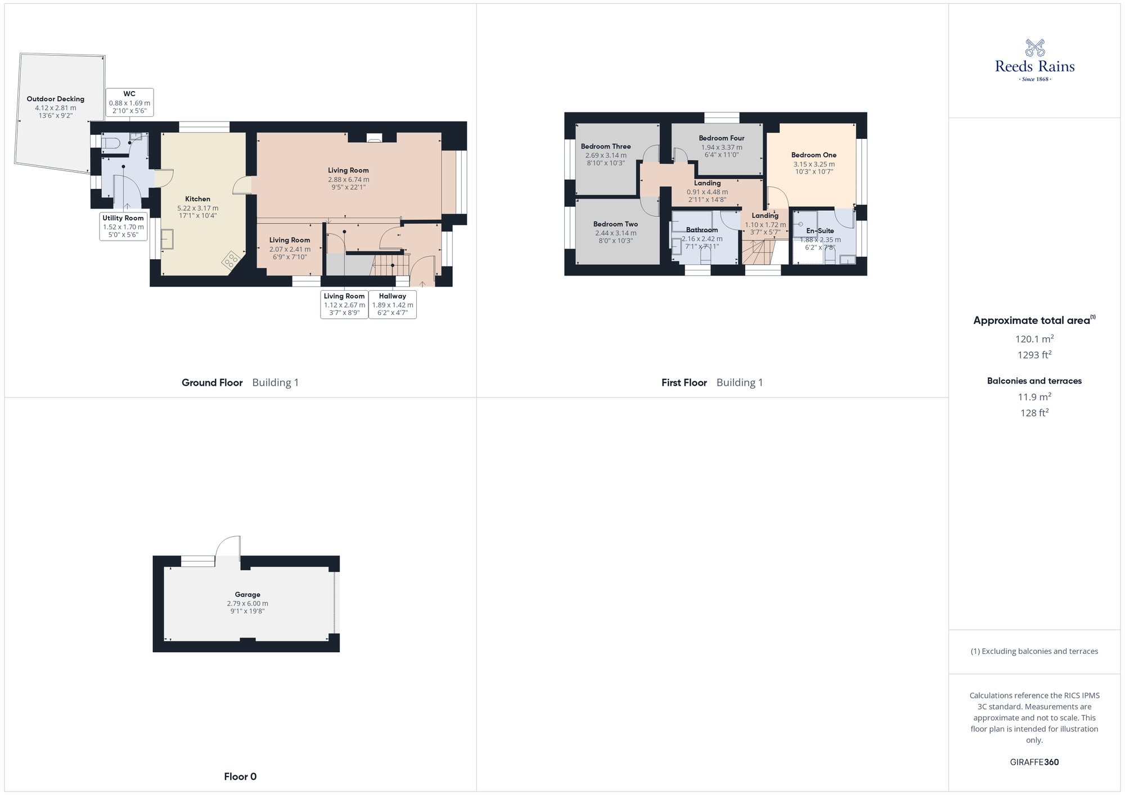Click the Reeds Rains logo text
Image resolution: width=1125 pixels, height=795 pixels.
pos(1034,66)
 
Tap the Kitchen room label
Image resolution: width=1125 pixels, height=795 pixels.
pos(197,199)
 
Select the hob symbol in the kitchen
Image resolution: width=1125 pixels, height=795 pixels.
pos(231,260)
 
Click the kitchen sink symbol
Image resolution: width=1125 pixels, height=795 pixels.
pos(167,239)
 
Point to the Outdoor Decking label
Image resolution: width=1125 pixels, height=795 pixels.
pos(55,99)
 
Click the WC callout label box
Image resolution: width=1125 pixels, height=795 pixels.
pos(129,102)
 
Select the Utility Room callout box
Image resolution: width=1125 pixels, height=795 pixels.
pos(123,226)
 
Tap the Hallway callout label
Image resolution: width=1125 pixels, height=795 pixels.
pos(393,304)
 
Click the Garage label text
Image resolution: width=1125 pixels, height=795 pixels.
pos(247,594)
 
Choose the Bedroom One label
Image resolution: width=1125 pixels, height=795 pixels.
pos(813,155)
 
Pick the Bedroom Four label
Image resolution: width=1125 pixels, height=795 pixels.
pos(721,138)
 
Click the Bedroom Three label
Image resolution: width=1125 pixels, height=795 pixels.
pos(605,147)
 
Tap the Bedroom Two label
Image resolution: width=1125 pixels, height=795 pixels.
pos(615,224)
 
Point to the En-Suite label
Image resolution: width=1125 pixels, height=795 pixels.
pos(820,231)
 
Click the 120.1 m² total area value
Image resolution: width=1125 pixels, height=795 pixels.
pos(1034,339)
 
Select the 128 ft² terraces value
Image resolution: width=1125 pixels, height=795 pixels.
pos(1034,413)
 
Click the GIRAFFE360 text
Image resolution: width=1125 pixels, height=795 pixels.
pos(1034,762)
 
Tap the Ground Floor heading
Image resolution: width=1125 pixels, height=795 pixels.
pos(212,383)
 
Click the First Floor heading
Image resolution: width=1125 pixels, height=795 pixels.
pos(684,383)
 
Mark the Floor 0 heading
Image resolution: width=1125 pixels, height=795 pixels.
pos(240,777)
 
